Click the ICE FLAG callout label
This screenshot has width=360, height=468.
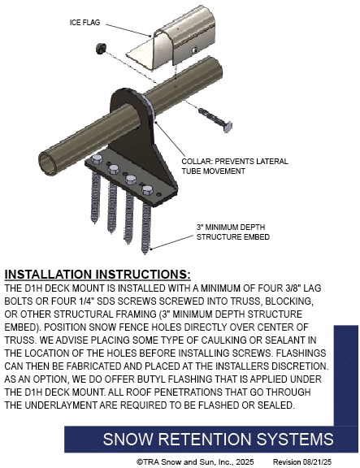click(85, 23)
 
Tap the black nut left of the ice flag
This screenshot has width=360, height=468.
click(101, 48)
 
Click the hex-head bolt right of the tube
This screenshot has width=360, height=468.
click(215, 119)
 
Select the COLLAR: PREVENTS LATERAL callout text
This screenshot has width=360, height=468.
click(235, 162)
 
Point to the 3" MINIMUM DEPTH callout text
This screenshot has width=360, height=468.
click(231, 227)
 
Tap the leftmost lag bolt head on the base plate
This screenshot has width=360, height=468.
click(97, 160)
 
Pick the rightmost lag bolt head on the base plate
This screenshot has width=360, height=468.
click(147, 190)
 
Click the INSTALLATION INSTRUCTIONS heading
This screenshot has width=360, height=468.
click(98, 275)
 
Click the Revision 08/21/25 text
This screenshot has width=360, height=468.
click(302, 461)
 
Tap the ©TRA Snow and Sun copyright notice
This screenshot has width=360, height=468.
click(195, 461)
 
